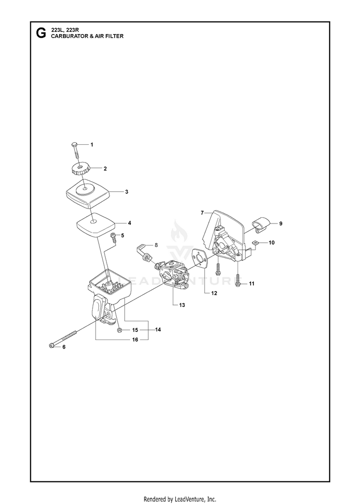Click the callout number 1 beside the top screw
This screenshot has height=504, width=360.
[92, 145]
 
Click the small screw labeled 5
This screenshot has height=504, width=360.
[113, 237]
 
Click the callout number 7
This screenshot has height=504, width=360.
[203, 213]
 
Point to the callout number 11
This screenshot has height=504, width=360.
[252, 283]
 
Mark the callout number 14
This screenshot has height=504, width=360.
[158, 329]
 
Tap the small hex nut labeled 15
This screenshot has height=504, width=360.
[119, 330]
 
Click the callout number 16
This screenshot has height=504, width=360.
[135, 340]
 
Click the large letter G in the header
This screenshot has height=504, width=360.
[41, 33]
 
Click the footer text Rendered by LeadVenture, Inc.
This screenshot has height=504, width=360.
[180, 499]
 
